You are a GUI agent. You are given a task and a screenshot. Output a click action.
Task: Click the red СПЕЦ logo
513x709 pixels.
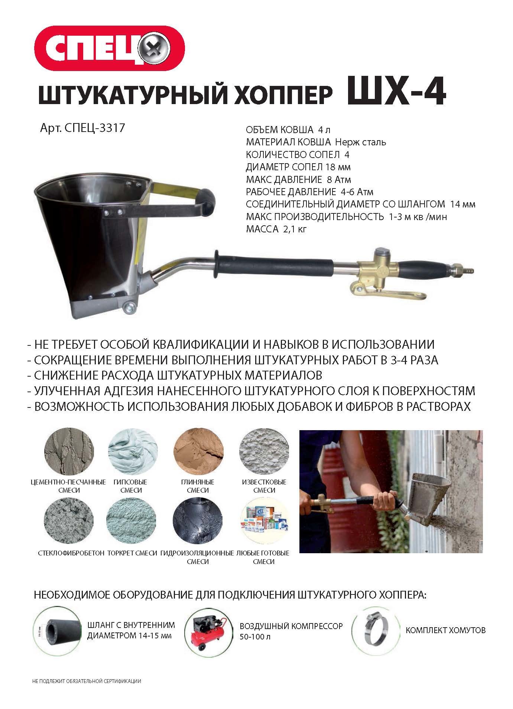point(110,48)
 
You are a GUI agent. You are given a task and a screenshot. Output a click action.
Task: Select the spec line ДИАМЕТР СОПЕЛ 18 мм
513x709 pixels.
point(298,167)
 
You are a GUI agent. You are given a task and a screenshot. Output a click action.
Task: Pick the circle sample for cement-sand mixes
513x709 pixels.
point(68,452)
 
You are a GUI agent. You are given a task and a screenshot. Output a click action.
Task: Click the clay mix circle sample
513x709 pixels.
point(198,452)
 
